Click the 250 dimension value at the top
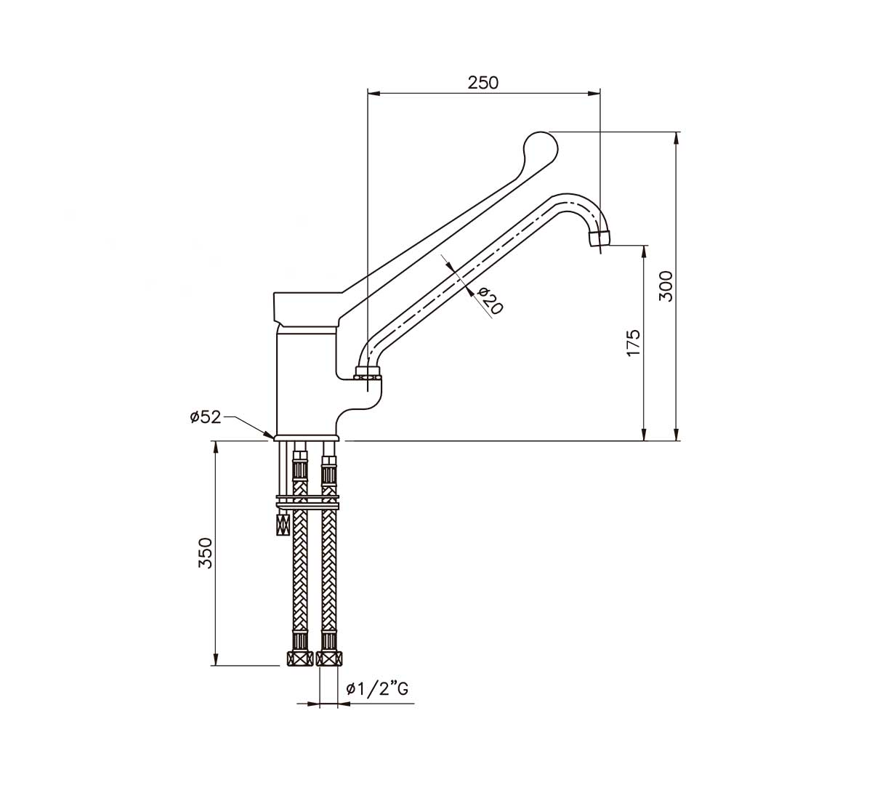tap(483, 82)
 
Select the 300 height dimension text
tap(666, 286)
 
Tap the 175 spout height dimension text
tap(633, 342)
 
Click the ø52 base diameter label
tap(205, 417)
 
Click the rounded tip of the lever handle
tap(540, 146)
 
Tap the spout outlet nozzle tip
tap(599, 238)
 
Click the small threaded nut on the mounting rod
tap(282, 523)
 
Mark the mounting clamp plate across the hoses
tap(307, 501)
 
